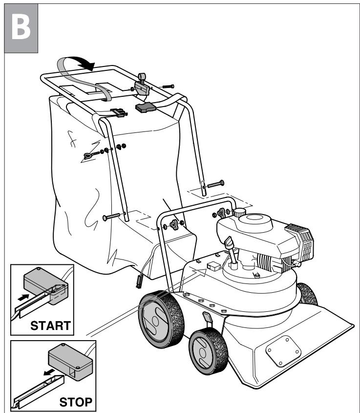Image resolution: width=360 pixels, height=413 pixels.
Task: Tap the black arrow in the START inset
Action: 23,296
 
